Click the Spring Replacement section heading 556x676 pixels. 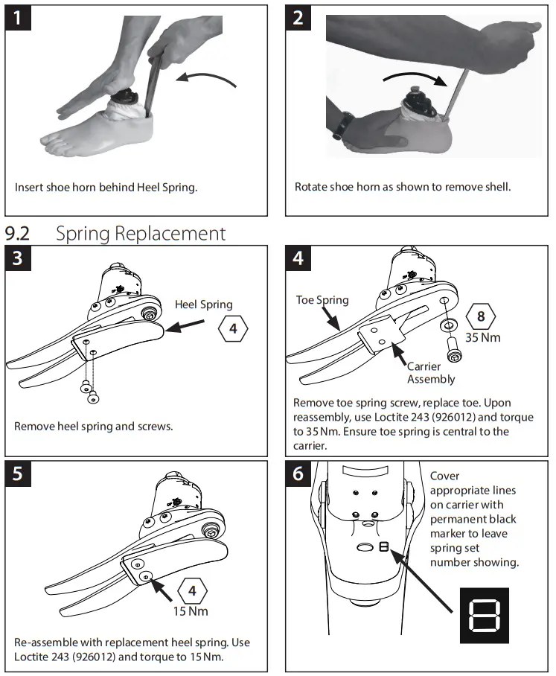pyautogui.click(x=140, y=233)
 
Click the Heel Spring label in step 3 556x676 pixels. pyautogui.click(x=203, y=304)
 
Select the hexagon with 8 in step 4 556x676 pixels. pyautogui.click(x=481, y=316)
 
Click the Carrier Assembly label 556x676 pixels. pyautogui.click(x=430, y=373)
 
